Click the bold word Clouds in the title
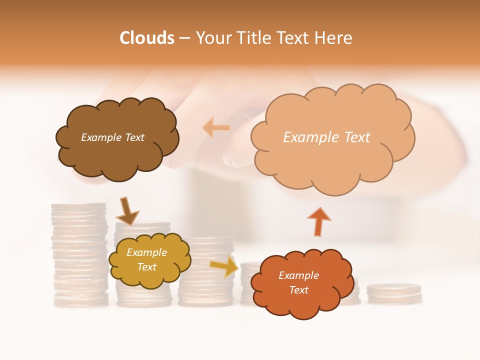pyautogui.click(x=146, y=38)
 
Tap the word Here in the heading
pyautogui.click(x=334, y=38)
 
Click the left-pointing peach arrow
pyautogui.click(x=216, y=127)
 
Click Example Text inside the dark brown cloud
pyautogui.click(x=112, y=137)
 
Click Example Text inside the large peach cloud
pyautogui.click(x=326, y=137)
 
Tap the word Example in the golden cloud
pyautogui.click(x=146, y=253)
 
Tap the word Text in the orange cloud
pyautogui.click(x=298, y=290)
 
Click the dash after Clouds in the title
pyautogui.click(x=184, y=38)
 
